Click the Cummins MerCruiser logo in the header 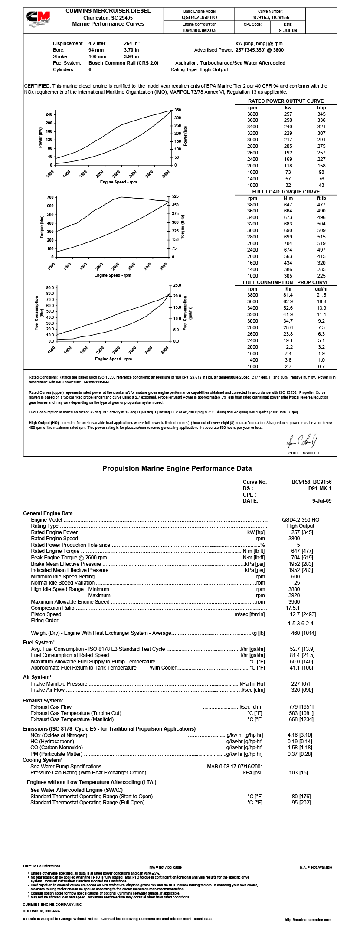pos(38,20)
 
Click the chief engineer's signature pos(303,442)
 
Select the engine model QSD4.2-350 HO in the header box pos(199,17)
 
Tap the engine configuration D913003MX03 pos(199,30)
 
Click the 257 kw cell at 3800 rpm pos(288,114)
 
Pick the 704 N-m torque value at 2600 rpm pos(288,243)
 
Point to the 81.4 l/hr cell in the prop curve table pos(288,295)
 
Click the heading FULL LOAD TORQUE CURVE pos(286,191)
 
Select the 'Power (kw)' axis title pos(41,137)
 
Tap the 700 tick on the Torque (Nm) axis pos(50,197)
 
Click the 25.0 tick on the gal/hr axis pos(177,285)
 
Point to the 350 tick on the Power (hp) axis pos(177,110)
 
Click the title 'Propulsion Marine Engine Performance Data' pos(177,468)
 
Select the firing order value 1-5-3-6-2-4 pos(301,623)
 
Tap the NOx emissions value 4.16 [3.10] pos(300,735)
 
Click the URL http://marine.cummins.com pos(308,919)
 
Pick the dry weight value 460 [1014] pos(303,633)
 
